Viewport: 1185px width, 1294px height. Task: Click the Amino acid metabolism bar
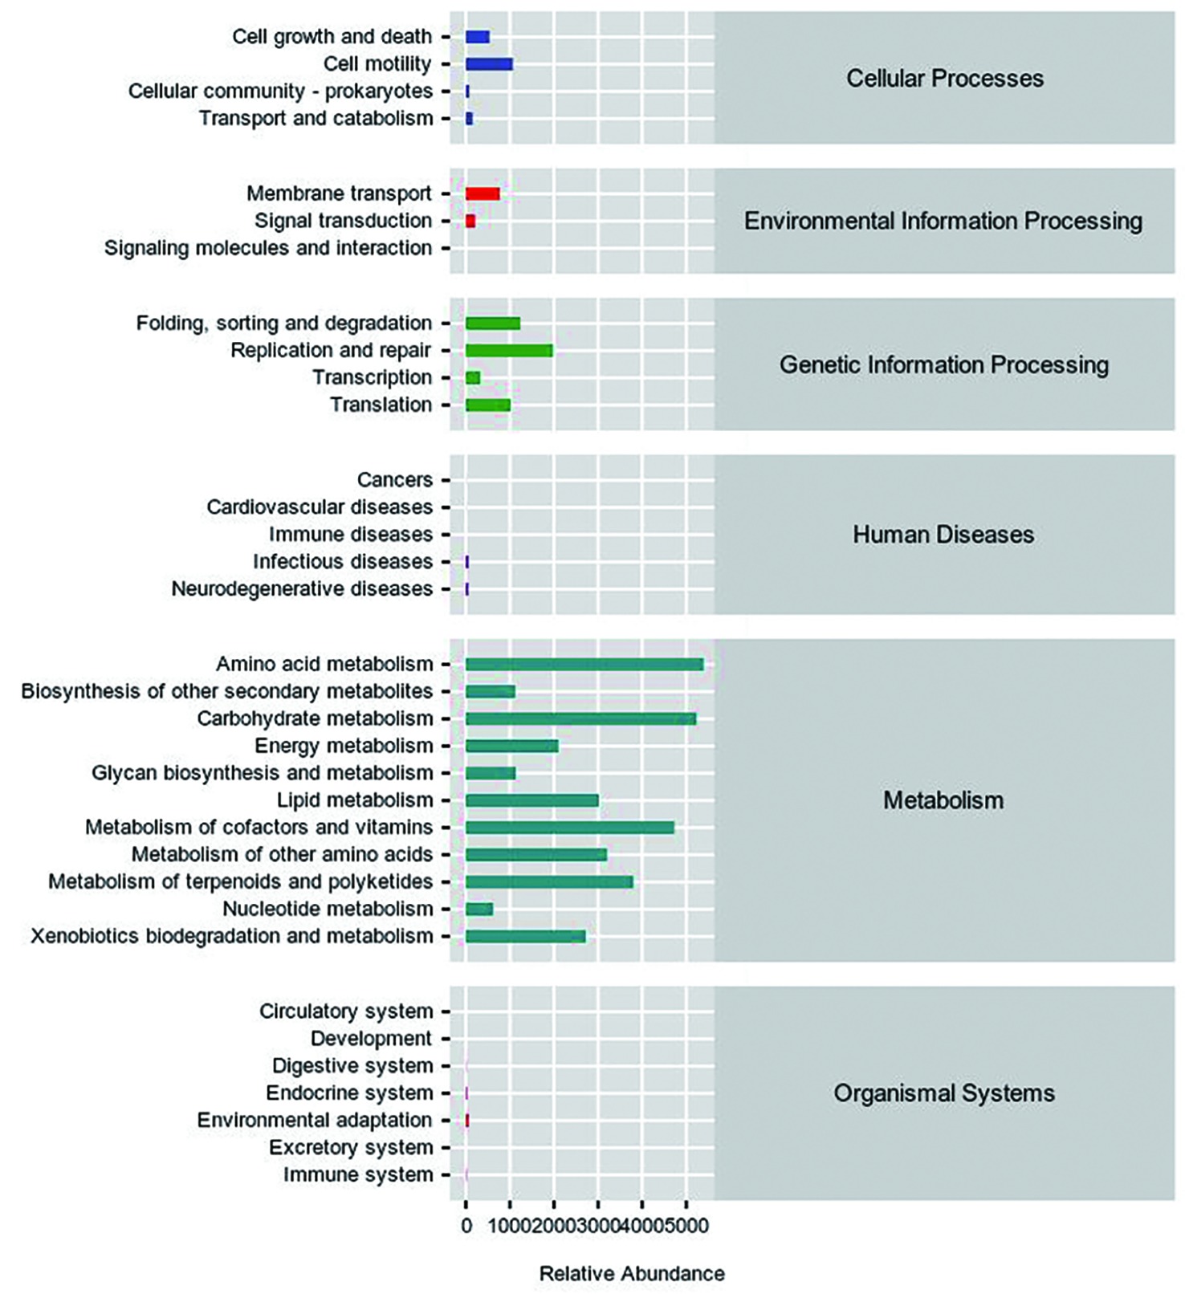584,664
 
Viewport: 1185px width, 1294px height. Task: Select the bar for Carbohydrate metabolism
580,718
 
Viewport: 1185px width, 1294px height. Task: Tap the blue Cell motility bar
489,64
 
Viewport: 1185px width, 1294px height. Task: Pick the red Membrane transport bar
483,193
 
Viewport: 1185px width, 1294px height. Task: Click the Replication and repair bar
509,351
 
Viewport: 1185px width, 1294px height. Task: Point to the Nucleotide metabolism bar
479,909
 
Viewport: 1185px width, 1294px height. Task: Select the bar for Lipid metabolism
532,800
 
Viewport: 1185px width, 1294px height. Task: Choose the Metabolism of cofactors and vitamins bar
570,828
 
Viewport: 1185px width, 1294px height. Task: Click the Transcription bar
473,378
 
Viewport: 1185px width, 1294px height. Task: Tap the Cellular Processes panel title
945,79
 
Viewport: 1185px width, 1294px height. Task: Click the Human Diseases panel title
943,535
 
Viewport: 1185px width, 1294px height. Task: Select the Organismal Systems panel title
944,1093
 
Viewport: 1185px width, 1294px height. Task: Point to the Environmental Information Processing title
943,222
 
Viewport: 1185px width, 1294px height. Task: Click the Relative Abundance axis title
632,1274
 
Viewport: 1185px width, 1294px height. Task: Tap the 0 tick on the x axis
466,1227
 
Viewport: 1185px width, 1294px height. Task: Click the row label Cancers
395,480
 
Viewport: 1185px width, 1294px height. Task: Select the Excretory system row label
351,1148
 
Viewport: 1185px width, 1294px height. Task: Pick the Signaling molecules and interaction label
268,248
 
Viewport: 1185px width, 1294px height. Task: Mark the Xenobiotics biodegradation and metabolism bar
526,936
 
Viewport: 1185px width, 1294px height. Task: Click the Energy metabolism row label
344,746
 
